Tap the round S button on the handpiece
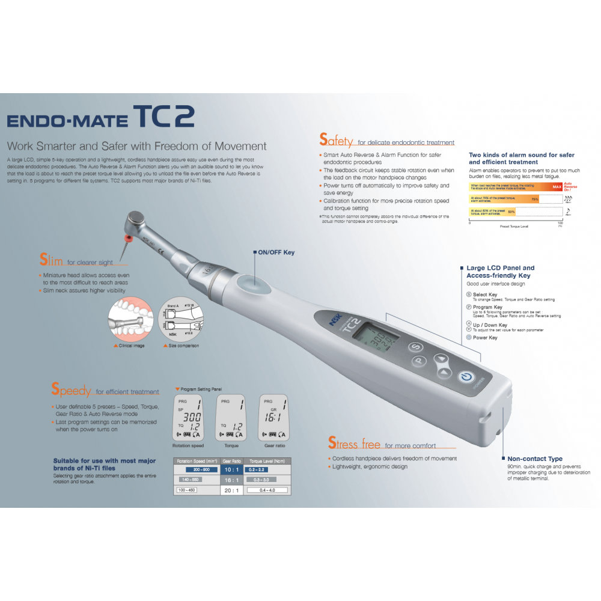414,347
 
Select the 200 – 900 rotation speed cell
197,469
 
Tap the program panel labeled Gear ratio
273,418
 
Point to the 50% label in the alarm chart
511,212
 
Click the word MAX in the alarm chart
556,188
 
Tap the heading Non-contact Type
535,459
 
